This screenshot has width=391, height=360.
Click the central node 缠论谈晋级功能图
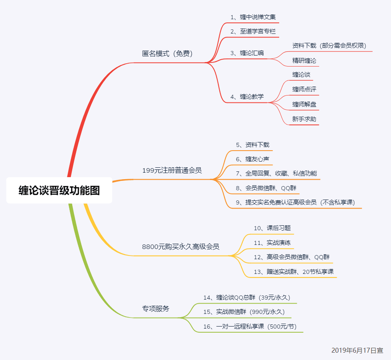tap(59, 190)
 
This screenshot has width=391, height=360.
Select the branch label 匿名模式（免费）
tap(167, 53)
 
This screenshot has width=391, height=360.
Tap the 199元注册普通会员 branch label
tap(172, 170)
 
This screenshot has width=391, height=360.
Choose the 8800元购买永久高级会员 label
tap(180, 247)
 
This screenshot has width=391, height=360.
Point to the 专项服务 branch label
tap(156, 309)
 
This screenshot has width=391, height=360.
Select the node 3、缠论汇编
tap(247, 53)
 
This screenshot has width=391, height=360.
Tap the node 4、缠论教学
tap(247, 97)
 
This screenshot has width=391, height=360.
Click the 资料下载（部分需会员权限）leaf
tap(332, 45)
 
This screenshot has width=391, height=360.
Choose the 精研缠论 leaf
tap(304, 60)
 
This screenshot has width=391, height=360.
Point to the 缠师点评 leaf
tap(304, 89)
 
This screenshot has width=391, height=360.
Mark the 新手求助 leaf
tap(304, 119)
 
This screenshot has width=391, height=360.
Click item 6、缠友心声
tap(252, 159)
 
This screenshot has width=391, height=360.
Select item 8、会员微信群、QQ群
tap(266, 188)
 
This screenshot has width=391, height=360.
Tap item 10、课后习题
tap(272, 228)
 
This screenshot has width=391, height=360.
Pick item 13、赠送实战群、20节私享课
tap(293, 271)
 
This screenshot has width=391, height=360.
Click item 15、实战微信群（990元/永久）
tap(244, 312)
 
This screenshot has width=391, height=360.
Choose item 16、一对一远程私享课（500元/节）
tap(250, 326)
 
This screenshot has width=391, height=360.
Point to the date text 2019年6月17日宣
tap(357, 350)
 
